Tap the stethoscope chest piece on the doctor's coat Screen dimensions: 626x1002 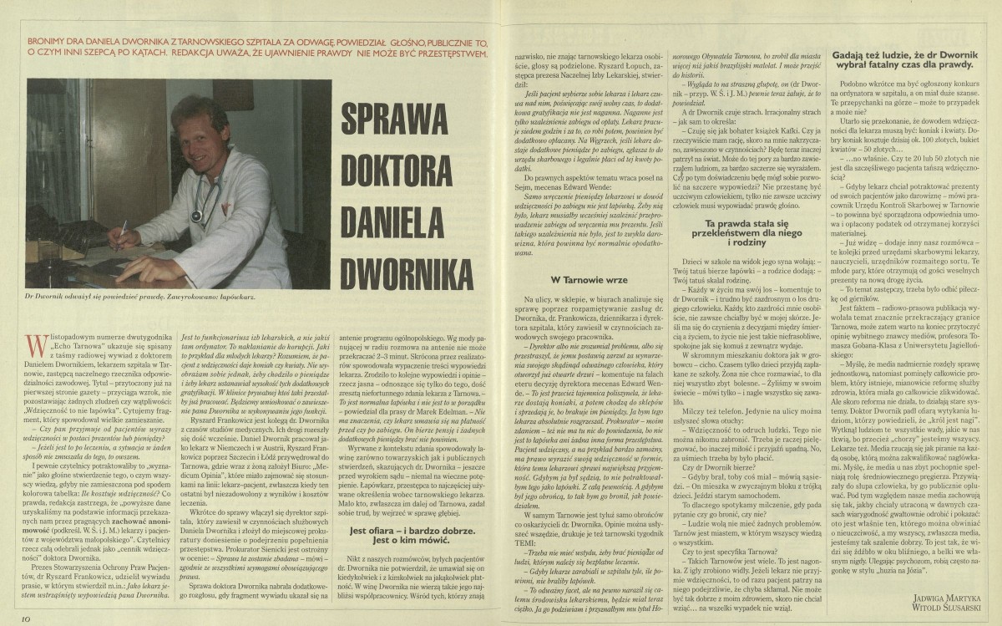point(197,216)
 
